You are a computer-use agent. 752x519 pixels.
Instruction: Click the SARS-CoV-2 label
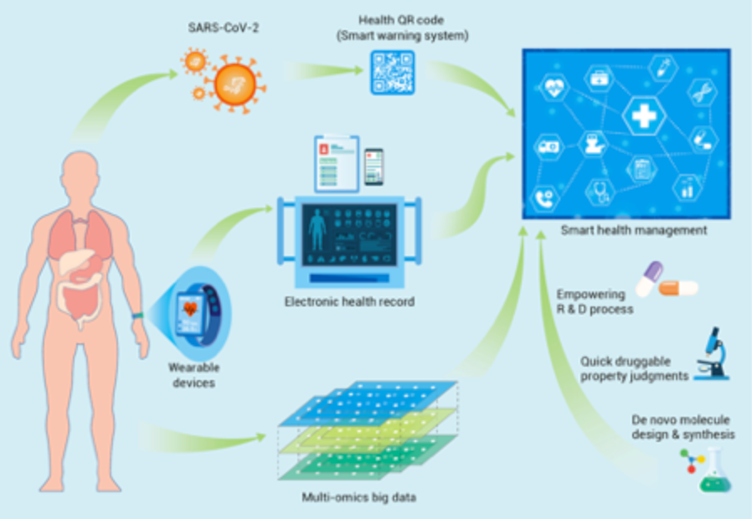coord(223,28)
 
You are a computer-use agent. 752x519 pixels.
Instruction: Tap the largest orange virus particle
coord(235,84)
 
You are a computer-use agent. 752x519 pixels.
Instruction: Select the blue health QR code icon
coord(392,72)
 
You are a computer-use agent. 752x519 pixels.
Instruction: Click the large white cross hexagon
coord(644,116)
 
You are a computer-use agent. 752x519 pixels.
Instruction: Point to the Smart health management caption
coord(634,230)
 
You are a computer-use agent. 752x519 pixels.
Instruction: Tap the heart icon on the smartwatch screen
coord(190,308)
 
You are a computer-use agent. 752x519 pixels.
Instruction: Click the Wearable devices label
coord(193,375)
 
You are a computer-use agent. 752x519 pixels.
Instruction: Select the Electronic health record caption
coord(350,302)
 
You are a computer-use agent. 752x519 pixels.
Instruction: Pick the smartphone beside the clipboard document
coord(373,167)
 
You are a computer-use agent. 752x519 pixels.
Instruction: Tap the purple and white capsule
coord(649,279)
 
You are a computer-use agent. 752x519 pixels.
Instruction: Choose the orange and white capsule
coord(678,288)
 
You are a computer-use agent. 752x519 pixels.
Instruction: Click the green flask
coord(714,472)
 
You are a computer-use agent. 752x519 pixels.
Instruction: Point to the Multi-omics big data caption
coord(358,497)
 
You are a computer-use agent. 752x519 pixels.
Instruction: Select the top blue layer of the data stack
coord(368,403)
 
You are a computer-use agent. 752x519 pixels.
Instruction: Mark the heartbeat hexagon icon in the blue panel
coord(554,89)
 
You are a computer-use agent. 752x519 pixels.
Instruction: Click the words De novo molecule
coord(681,420)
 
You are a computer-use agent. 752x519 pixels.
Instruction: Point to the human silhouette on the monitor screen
coord(317,229)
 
